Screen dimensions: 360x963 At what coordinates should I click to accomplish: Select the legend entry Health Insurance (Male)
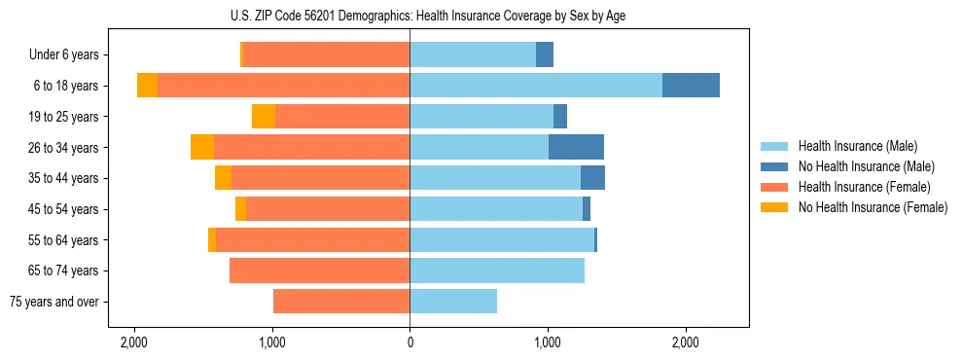(x=857, y=146)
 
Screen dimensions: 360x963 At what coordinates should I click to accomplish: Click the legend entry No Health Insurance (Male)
(x=866, y=166)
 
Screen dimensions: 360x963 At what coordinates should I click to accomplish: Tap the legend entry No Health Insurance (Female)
(x=873, y=207)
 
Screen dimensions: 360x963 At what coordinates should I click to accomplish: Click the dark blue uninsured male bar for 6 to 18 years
(x=691, y=86)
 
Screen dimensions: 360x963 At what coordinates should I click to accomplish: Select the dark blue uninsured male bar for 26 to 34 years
(x=576, y=147)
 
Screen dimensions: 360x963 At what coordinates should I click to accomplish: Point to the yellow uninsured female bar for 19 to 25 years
(x=264, y=117)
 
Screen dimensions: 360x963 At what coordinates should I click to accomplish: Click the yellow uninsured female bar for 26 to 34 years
(x=202, y=147)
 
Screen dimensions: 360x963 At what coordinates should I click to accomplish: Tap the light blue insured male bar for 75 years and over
(x=453, y=302)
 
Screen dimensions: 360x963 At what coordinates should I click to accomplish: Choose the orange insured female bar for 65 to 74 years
(x=319, y=270)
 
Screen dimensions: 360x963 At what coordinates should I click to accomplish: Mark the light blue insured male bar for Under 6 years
(x=473, y=54)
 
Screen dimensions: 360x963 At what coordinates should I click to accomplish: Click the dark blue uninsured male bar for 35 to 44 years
(x=592, y=178)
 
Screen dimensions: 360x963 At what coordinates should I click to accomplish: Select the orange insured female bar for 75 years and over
(x=341, y=302)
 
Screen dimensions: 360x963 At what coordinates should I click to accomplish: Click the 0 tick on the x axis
(x=410, y=342)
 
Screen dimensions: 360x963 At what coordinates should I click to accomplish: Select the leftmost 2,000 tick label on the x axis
(x=133, y=342)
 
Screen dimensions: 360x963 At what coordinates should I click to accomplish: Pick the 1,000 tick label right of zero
(x=548, y=342)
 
